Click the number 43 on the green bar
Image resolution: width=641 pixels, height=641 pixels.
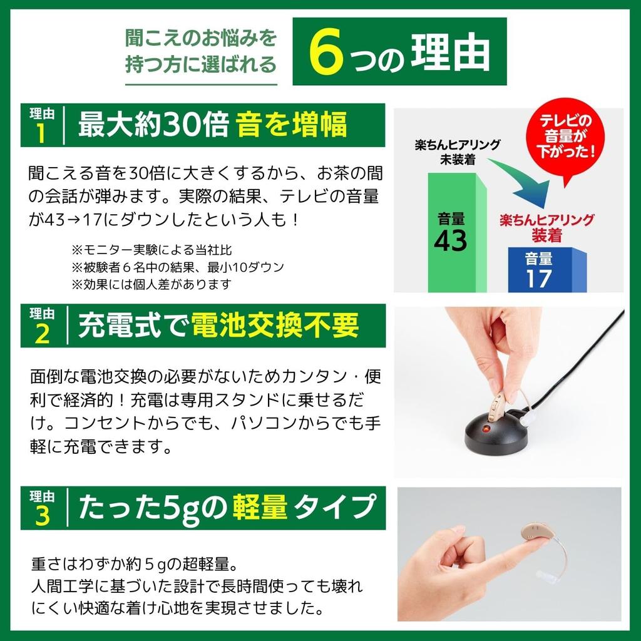click(451, 240)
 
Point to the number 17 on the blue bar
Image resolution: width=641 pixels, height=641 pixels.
click(538, 277)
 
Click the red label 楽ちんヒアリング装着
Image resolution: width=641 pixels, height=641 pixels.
click(546, 228)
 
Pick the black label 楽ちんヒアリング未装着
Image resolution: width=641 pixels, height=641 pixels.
click(457, 152)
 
